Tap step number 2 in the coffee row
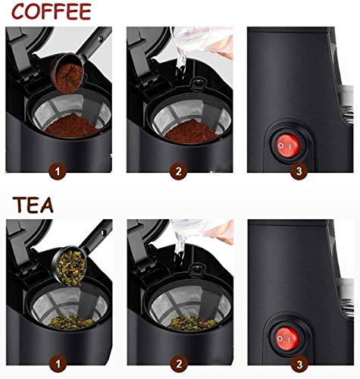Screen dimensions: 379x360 [x=179, y=171]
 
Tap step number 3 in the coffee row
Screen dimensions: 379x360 [x=300, y=171]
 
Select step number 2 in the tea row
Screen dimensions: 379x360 [x=179, y=361]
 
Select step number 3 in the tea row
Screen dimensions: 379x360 [x=300, y=361]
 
